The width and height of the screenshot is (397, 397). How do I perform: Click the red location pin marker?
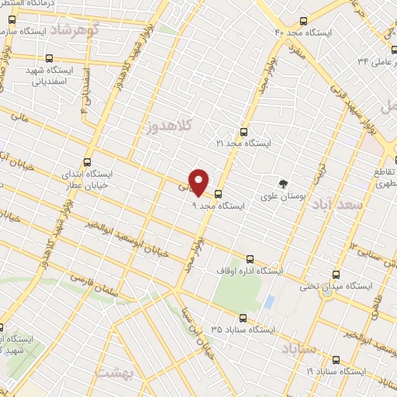tap(199, 182)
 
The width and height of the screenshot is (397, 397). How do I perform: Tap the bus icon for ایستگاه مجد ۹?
tap(219, 194)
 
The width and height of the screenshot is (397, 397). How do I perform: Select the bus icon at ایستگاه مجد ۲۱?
tap(244, 132)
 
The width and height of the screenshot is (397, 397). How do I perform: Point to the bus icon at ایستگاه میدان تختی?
tap(336, 274)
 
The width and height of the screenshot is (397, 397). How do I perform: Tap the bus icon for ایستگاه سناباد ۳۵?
tap(243, 317)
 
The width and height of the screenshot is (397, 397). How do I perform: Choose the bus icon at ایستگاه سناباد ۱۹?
tap(336, 359)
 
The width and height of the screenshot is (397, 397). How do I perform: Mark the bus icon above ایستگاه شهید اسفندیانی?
tap(49, 58)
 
